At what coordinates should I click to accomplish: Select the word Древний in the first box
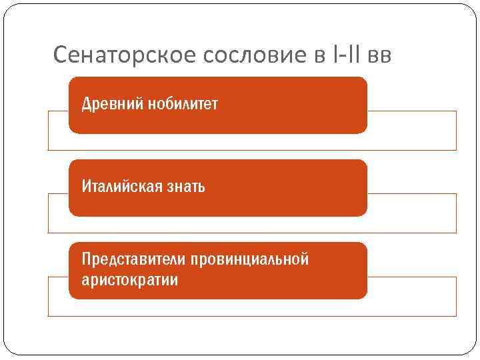pos(107,105)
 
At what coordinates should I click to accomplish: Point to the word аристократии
pos(129,279)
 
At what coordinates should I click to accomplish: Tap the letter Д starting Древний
pos(86,105)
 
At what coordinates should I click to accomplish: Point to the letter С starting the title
pos(59,54)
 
